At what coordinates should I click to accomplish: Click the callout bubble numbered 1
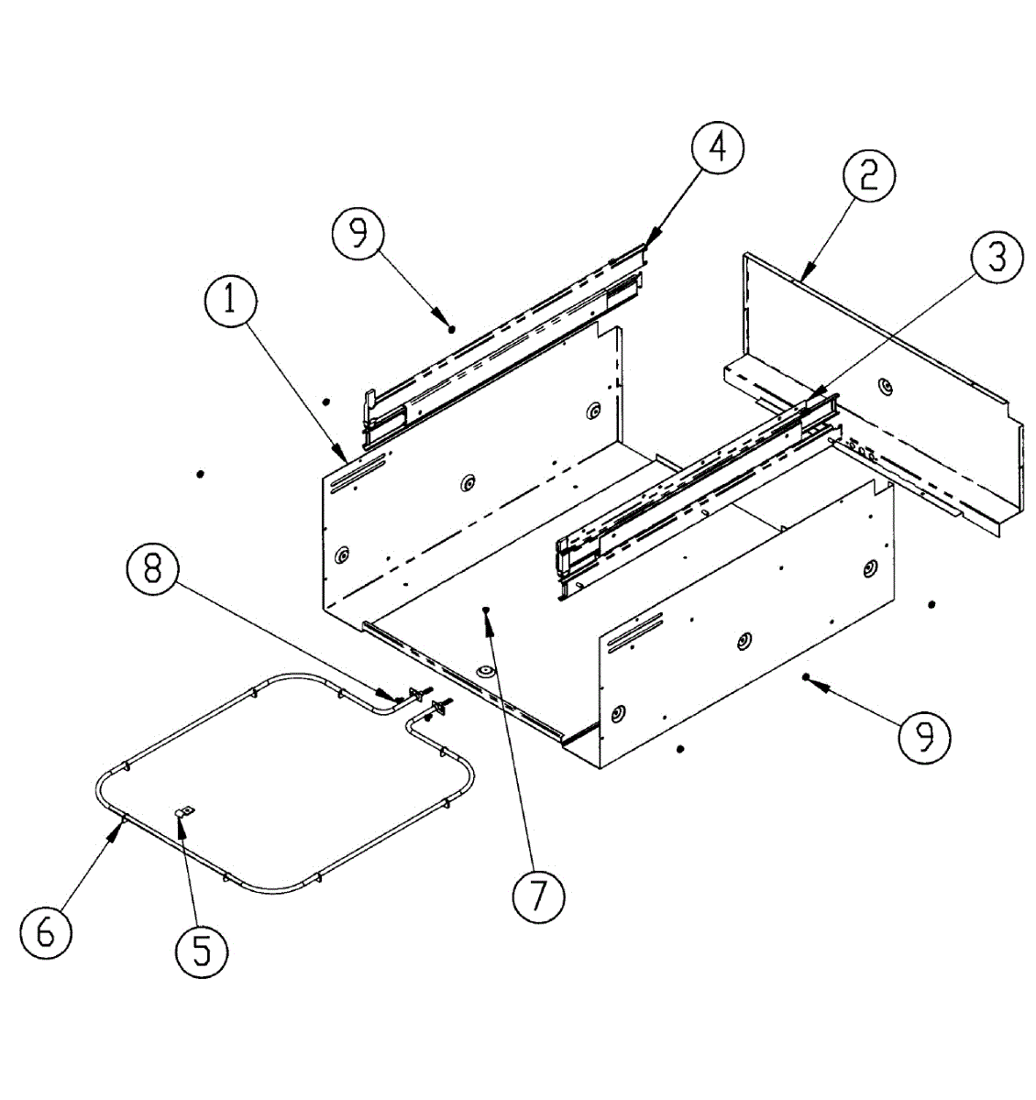pos(230,301)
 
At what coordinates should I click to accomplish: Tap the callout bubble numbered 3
pos(997,258)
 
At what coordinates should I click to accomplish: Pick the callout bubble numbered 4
pos(717,146)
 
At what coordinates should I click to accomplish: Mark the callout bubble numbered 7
pos(538,896)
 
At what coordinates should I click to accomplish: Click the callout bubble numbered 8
pos(153,568)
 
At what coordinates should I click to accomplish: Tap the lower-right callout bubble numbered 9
pos(924,735)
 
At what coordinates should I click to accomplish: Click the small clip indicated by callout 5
pos(184,811)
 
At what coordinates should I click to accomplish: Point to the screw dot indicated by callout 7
pos(487,609)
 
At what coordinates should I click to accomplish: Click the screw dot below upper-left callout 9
pos(452,328)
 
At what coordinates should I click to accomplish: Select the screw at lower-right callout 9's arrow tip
pos(806,677)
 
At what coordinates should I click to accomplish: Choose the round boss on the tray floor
pos(481,674)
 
